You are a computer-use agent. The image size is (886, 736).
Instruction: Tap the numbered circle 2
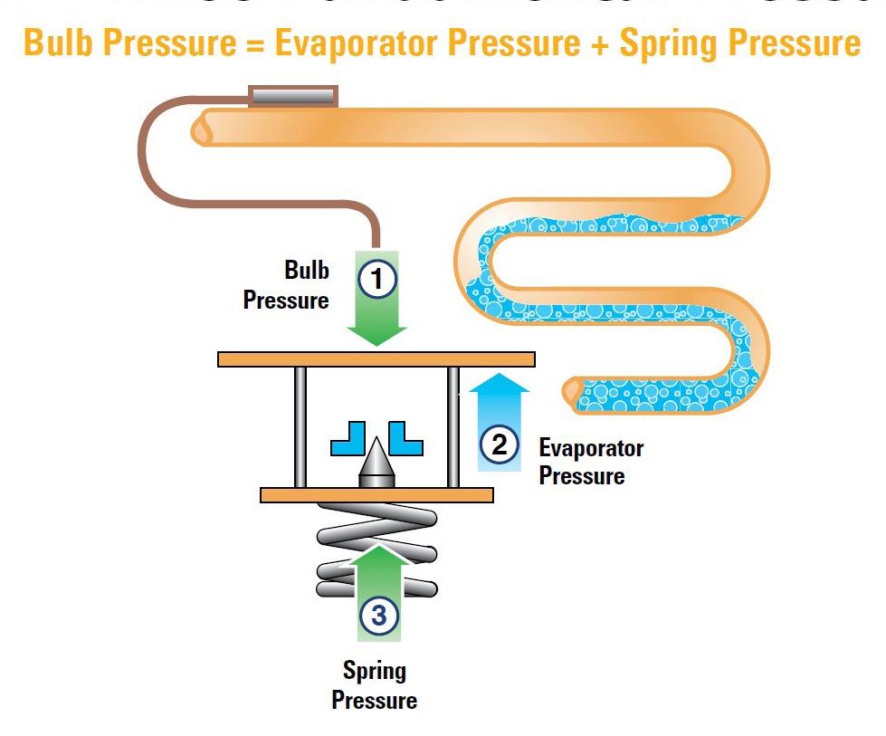point(499,444)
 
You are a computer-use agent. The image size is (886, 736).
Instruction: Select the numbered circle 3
point(378,616)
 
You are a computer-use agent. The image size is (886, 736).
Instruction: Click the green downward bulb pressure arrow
point(376,321)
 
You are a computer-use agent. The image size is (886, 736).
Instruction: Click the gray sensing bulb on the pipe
point(293,95)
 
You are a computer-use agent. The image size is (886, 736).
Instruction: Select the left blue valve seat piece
point(348,438)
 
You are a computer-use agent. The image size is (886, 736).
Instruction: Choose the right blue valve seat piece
point(405,438)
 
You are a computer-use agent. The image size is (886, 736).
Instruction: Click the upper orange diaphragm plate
point(376,358)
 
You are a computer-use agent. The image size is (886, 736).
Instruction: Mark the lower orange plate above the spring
point(376,495)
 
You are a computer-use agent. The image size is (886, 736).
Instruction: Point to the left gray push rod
point(299,426)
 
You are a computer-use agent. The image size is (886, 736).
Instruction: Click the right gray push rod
point(453,426)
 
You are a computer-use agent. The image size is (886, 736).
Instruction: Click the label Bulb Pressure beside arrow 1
point(288,285)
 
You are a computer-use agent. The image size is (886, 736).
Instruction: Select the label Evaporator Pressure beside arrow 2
point(590,462)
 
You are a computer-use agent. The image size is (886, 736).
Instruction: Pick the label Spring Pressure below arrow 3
point(374,685)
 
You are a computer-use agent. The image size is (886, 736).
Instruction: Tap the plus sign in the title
point(599,43)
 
